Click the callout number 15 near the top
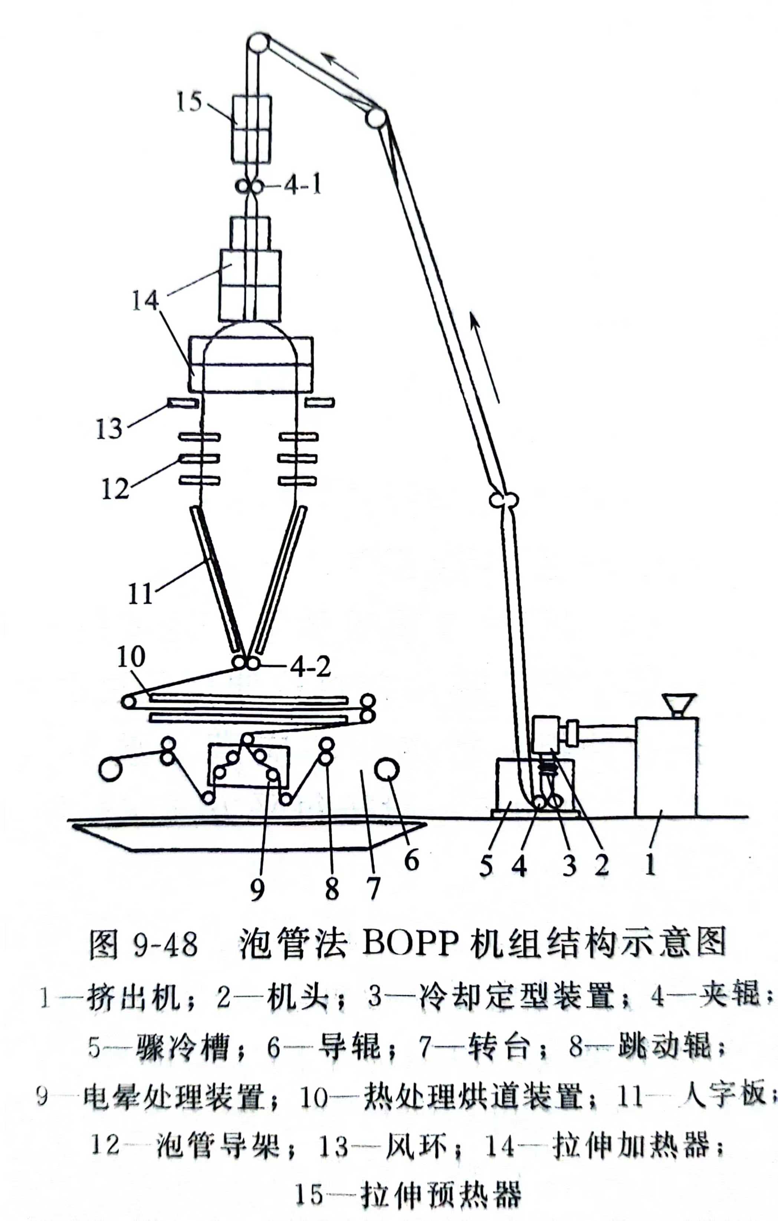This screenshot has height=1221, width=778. click(x=189, y=102)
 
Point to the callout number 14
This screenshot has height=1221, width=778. click(x=145, y=301)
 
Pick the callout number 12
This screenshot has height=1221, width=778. click(x=115, y=489)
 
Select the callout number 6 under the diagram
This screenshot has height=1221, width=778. click(x=411, y=860)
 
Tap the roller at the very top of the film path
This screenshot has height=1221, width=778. click(x=258, y=43)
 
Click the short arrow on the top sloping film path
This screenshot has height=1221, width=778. click(x=342, y=65)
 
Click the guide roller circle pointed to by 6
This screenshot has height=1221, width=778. click(x=387, y=769)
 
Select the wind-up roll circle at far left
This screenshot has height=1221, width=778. click(x=110, y=770)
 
